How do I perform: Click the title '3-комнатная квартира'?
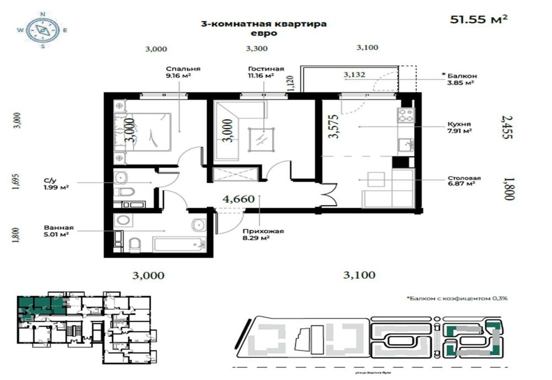tap(263, 24)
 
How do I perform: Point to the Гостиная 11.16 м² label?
tap(266, 72)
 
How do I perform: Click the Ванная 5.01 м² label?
tap(57, 231)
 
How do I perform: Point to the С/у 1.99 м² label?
tap(56, 183)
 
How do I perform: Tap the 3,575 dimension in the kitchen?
tap(333, 126)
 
